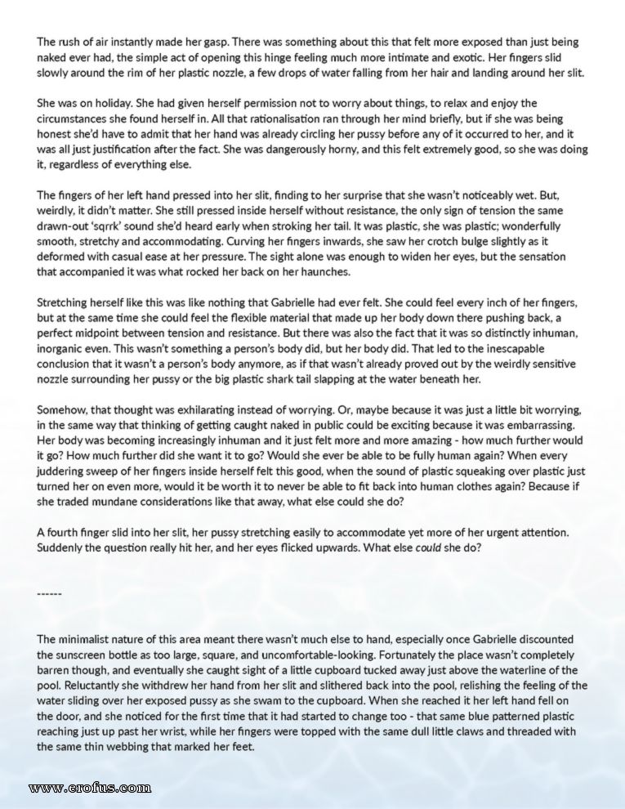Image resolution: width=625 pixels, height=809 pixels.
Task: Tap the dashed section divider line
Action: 50,592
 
